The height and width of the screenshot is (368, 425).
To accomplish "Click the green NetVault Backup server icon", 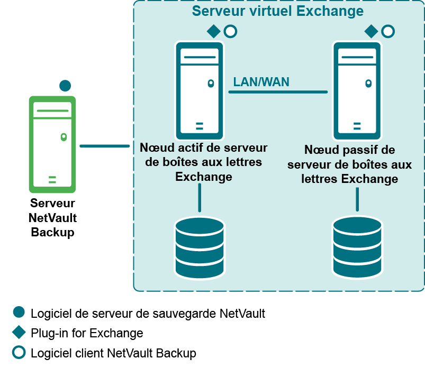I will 52,144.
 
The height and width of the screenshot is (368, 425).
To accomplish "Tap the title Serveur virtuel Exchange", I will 278,11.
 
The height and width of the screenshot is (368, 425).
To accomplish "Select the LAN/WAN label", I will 261,82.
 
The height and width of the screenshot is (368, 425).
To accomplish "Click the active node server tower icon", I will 199,89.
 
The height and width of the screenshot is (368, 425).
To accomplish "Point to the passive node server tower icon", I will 357,89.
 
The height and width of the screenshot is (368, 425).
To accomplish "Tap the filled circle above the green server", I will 65,86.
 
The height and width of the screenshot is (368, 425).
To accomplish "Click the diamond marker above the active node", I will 213,32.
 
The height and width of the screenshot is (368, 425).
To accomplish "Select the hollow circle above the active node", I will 230,32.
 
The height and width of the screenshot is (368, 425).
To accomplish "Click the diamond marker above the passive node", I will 372,32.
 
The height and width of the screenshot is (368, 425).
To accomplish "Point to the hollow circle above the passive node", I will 388,32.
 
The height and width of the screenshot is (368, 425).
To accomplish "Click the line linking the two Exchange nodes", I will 278,92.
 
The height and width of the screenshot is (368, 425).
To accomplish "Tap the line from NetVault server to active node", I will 104,146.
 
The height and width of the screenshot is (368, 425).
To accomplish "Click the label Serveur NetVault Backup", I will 52,218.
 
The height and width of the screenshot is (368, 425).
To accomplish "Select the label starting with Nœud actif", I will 204,162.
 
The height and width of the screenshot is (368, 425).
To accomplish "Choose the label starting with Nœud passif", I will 349,164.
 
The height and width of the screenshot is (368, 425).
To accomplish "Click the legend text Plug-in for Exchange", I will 87,333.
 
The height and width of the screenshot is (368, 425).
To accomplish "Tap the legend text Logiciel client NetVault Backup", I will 113,353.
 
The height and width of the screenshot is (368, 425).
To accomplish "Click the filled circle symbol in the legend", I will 19,312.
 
